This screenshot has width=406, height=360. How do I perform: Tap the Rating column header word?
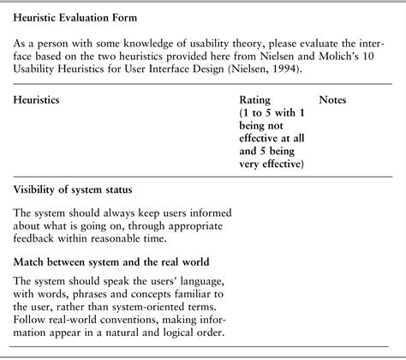point(256,100)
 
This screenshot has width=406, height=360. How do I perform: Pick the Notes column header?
point(332,100)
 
